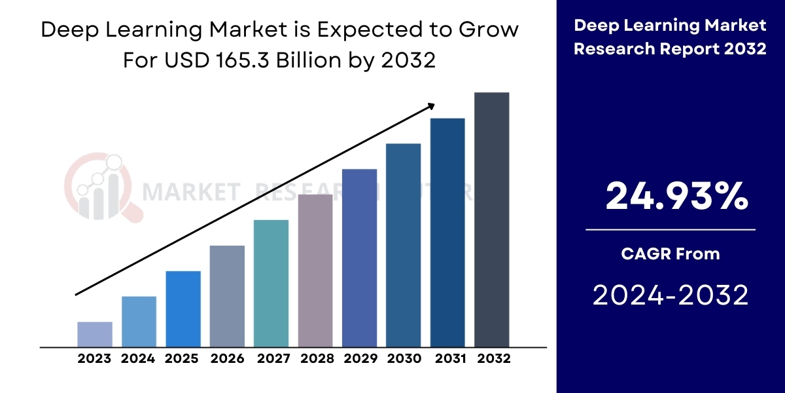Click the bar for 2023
click(95, 334)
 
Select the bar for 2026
click(227, 296)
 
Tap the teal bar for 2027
click(271, 283)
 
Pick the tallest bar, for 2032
click(491, 219)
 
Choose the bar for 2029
click(359, 257)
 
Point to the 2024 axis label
click(138, 359)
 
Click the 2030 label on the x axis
click(403, 359)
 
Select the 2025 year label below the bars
click(182, 359)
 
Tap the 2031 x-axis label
click(447, 359)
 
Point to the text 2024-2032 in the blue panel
click(671, 296)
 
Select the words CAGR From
click(671, 253)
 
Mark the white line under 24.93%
click(671, 230)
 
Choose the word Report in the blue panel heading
click(699, 49)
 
